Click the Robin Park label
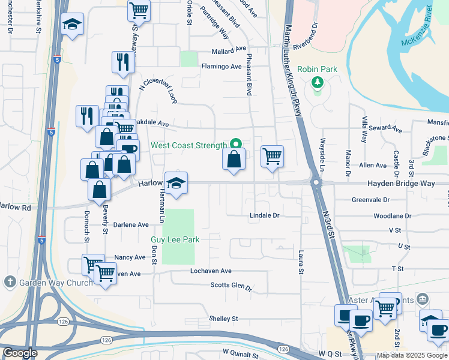coord(317,69)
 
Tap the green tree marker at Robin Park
coord(317,82)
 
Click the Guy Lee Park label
coord(175,239)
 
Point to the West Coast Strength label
coord(188,145)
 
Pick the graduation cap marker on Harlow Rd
coord(176,182)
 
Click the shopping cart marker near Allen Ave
coord(272,156)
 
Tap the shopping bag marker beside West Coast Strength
coord(234,159)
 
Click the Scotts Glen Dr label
coord(231,286)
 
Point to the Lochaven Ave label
coord(211,271)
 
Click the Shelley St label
coord(223,318)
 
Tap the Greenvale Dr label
coord(370,199)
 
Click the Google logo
coord(20,353)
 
